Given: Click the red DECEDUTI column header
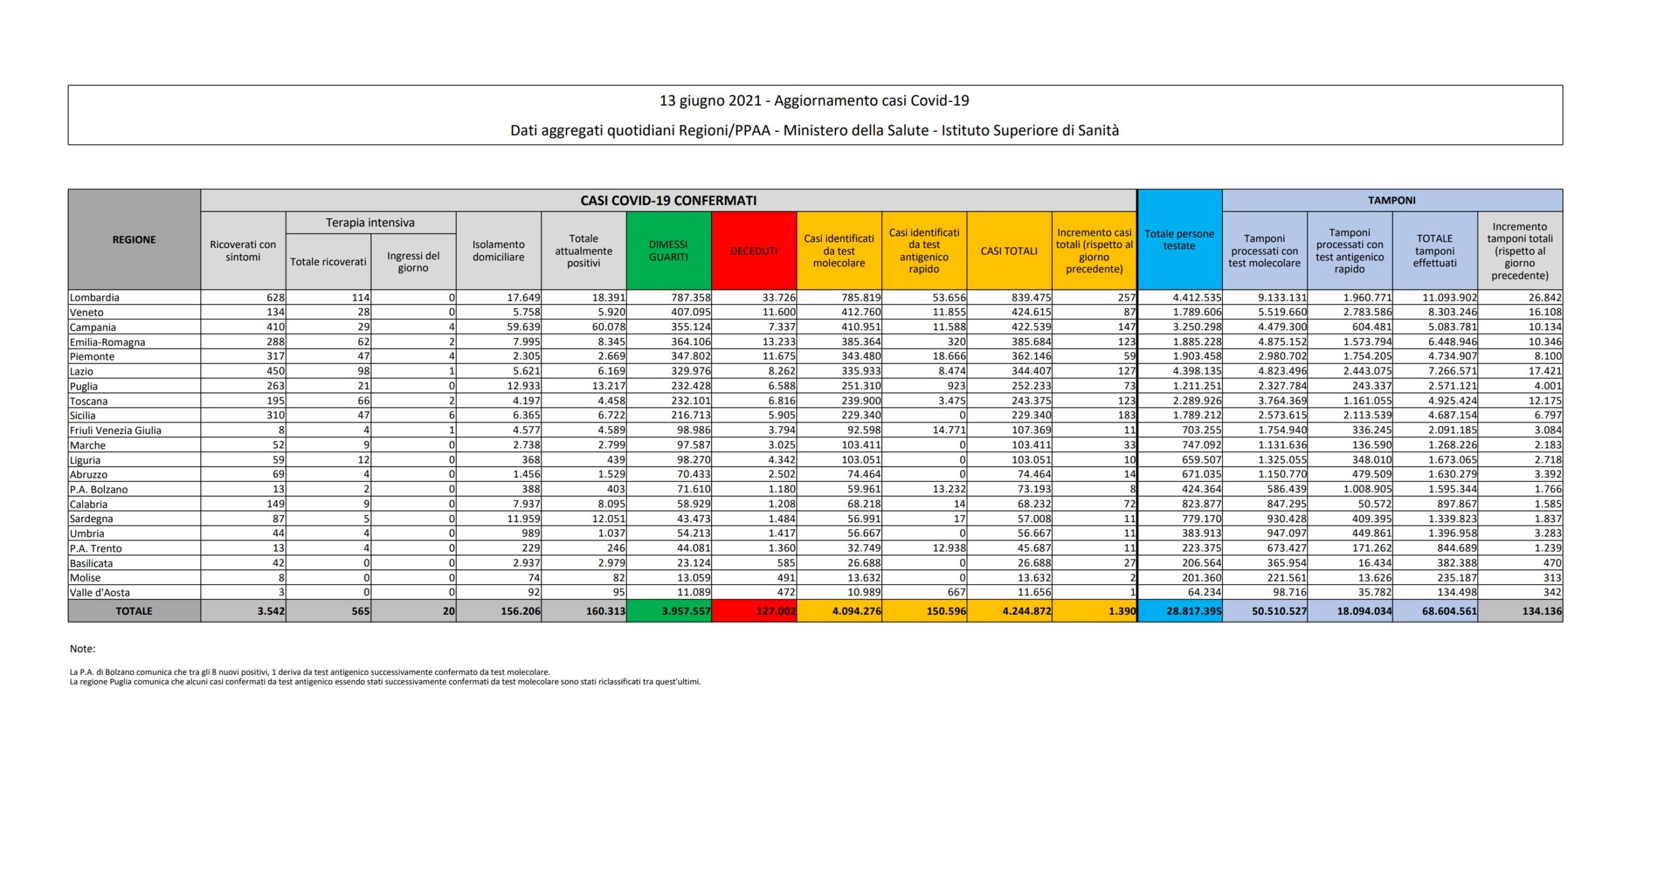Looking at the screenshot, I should (754, 251).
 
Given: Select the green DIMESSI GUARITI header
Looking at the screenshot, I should (668, 251).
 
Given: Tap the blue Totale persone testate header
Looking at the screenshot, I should (1179, 240).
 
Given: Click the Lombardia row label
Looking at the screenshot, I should (95, 298).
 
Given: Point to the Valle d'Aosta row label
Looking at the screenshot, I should (100, 593).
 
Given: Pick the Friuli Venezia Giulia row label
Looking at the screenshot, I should (116, 430).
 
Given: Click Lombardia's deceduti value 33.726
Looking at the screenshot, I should (779, 298).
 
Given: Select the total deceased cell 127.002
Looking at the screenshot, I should (775, 612).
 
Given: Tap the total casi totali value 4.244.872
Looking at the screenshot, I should (1027, 612).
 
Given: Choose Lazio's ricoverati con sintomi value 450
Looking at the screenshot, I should (275, 371).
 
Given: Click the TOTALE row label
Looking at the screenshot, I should (134, 612).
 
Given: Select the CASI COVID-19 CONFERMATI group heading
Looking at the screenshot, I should (668, 200).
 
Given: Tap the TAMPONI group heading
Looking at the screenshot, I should (1392, 200).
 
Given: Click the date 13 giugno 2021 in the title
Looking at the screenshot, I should (710, 101).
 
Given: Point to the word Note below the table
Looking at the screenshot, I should (82, 649).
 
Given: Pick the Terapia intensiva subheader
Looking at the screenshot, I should (370, 223).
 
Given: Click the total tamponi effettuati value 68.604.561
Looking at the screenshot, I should (1448, 612).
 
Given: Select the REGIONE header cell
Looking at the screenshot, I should (134, 240).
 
